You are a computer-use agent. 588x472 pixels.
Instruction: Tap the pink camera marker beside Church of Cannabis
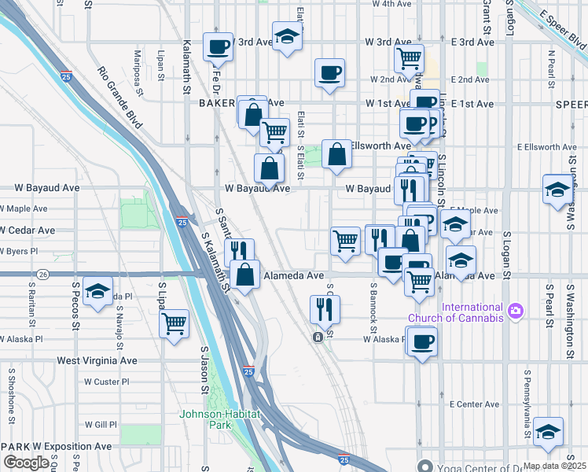tap(516, 312)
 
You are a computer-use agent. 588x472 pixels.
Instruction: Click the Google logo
tap(26, 463)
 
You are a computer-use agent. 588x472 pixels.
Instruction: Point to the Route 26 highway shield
tap(43, 275)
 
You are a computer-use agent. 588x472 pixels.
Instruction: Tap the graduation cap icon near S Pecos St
tap(97, 293)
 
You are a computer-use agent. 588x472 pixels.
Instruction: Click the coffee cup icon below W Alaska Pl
tap(421, 341)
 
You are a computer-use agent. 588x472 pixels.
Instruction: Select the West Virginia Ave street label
tap(97, 361)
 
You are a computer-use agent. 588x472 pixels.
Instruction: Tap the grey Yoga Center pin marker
tap(425, 464)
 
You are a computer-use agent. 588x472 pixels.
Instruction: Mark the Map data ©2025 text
tap(553, 466)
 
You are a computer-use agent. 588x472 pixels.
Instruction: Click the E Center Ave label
tap(474, 404)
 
